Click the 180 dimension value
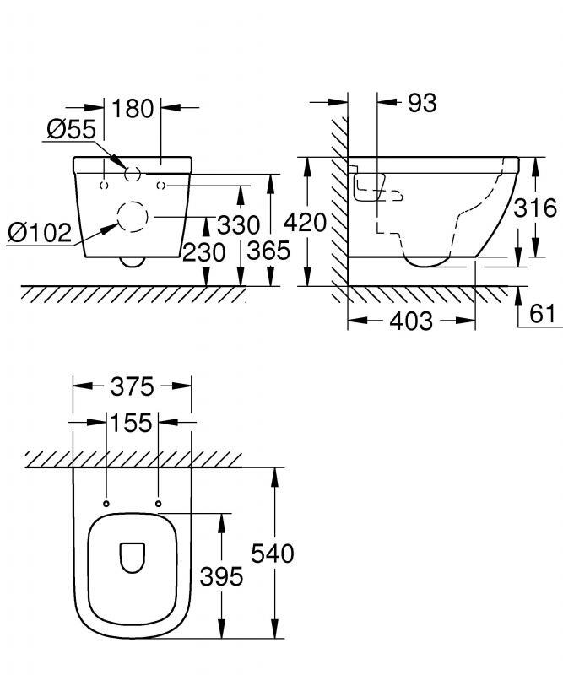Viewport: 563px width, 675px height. click(x=133, y=108)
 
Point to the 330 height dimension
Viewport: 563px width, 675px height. click(x=239, y=225)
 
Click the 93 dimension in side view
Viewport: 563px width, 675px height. click(x=422, y=103)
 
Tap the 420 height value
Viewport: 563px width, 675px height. click(x=305, y=223)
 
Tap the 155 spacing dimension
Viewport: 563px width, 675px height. click(x=132, y=422)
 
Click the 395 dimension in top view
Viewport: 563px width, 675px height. click(x=221, y=576)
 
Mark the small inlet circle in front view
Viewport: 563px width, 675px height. click(x=132, y=174)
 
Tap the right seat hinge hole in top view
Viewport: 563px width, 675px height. click(x=159, y=504)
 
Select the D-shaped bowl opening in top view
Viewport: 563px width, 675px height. click(x=133, y=557)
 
